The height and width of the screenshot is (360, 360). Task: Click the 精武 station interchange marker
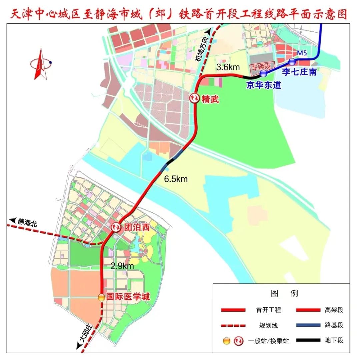tap(194, 98)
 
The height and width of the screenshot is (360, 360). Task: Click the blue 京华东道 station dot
tap(263, 73)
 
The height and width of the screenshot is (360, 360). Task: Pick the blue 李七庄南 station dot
tap(292, 61)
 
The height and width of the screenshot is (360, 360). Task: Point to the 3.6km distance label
tap(228, 67)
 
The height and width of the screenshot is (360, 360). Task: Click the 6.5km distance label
tap(176, 179)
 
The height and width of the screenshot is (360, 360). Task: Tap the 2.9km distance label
tap(122, 266)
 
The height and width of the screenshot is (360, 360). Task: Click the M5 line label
tap(302, 53)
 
